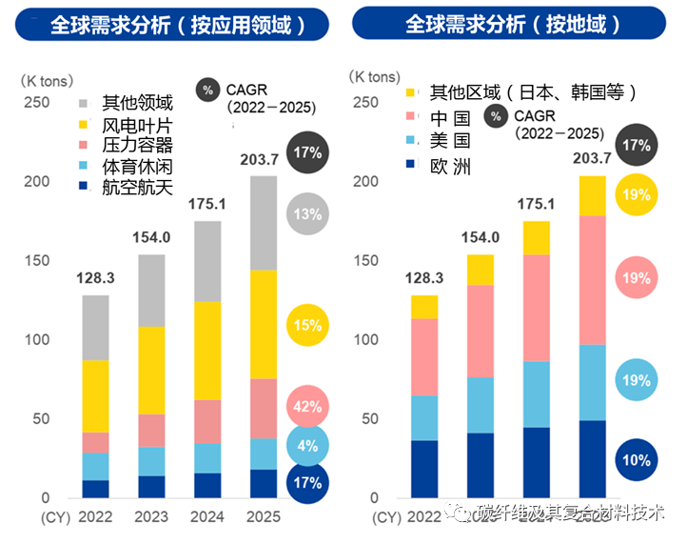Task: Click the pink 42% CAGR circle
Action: coord(306,406)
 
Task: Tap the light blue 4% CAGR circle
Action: coord(306,444)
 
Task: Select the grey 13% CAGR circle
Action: coord(306,214)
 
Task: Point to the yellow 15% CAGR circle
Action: coord(306,325)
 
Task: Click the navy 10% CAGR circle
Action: coord(635,460)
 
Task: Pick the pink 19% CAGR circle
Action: coord(635,278)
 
